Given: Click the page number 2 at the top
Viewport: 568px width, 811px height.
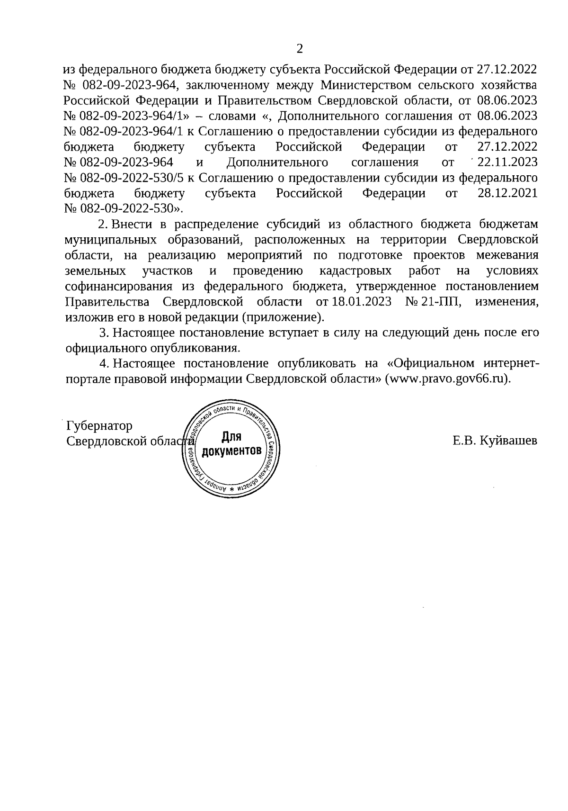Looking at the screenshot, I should [299, 48].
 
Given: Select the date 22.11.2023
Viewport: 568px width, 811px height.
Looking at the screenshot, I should [507, 162].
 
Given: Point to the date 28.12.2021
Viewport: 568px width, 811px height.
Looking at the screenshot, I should [507, 193].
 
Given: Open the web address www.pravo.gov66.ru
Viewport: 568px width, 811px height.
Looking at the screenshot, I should [447, 379].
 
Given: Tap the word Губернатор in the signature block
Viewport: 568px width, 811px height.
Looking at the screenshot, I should [100, 425].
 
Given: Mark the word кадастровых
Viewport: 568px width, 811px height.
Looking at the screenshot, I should [355, 271].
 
